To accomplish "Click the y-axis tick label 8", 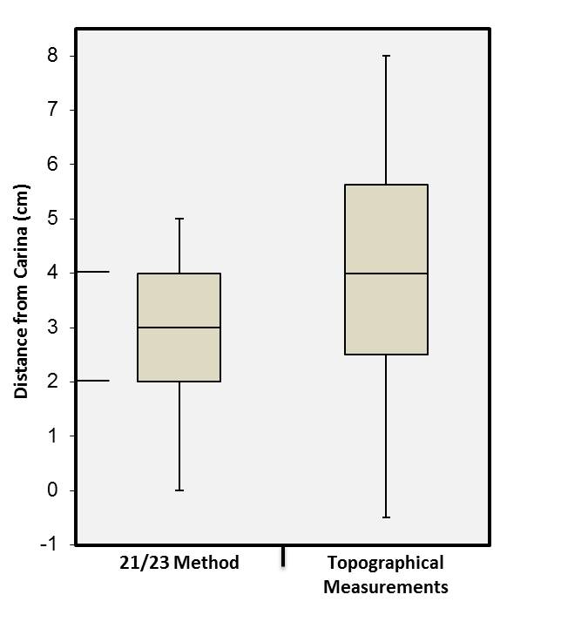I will point(55,56).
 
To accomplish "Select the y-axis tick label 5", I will point(55,219).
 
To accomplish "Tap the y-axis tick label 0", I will point(55,490).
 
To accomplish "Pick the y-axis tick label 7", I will point(55,110).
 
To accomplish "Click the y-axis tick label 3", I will point(55,328).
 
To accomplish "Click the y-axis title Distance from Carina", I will point(21,291).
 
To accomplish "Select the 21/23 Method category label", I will point(179,563).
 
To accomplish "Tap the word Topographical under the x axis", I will point(385,563).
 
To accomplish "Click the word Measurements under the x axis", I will point(385,587).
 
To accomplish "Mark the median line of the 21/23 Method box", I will point(179,328).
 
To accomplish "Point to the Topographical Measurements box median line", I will point(386,274).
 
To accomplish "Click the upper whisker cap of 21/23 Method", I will point(179,219).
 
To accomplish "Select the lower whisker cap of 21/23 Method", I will point(179,490).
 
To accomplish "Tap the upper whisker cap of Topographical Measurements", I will point(386,56).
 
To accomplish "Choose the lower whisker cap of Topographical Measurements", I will point(386,517).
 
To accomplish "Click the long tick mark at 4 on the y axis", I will point(93,273).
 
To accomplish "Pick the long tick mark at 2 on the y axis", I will point(93,381).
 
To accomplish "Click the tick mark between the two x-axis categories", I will point(283,556).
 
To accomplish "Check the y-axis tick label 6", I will point(55,165).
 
